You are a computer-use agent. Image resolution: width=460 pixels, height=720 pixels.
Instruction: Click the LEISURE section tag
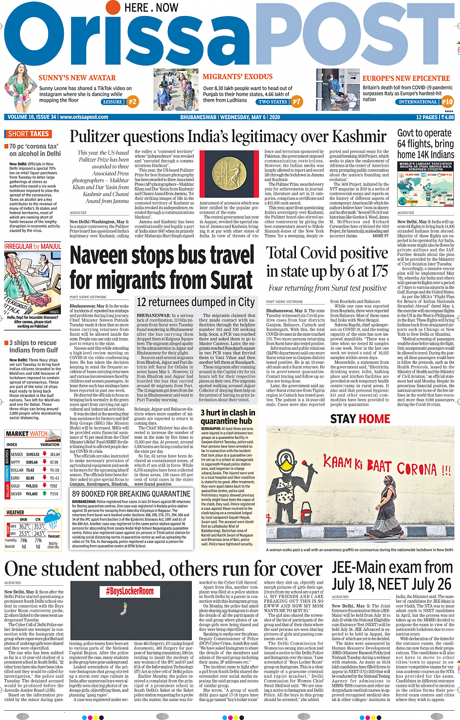coord(112,102)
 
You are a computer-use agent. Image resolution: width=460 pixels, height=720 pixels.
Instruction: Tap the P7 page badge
coord(296,102)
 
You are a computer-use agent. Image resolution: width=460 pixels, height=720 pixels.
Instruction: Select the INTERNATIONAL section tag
coord(418,102)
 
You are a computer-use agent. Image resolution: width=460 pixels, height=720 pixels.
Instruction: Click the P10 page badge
coord(447,102)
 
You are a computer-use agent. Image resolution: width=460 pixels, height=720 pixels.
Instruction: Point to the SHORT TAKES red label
coord(28,134)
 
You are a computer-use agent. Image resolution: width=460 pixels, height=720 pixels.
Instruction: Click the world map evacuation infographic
coord(425,185)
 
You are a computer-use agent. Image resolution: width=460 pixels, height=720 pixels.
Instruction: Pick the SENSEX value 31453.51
coord(33,454)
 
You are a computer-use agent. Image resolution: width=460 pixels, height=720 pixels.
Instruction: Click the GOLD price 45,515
coord(32,486)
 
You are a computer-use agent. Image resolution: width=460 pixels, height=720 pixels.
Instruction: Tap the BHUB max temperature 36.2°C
coord(25,526)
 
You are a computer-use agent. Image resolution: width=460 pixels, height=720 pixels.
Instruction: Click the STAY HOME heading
coord(360,419)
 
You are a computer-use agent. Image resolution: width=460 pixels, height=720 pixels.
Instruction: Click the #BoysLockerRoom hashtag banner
coord(129,591)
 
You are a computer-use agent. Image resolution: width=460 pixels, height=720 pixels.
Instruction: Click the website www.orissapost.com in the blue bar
coord(83,117)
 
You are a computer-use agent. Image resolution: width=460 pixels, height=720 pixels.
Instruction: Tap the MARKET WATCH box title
coord(26,434)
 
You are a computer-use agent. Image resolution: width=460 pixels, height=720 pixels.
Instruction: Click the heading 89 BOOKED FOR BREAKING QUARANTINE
coord(131,493)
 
